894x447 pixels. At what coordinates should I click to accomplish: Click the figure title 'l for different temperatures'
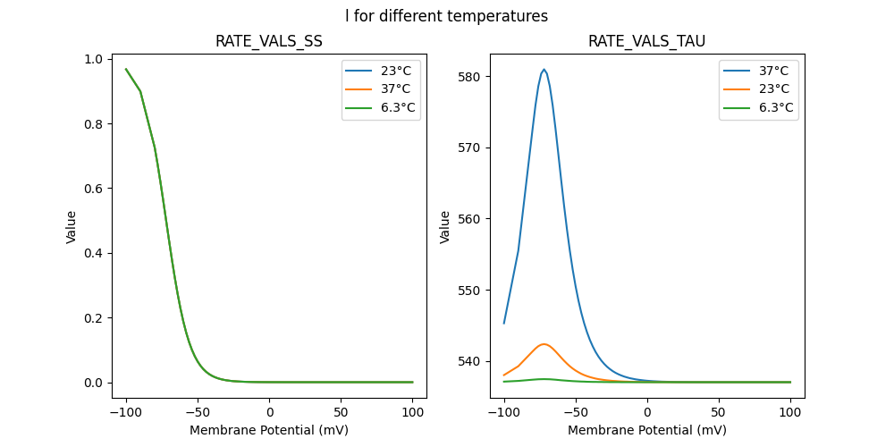coord(446,16)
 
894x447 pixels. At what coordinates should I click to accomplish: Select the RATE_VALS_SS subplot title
coord(268,41)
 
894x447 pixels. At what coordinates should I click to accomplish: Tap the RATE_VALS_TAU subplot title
coord(646,41)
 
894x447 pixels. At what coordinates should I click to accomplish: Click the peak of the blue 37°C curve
coord(544,69)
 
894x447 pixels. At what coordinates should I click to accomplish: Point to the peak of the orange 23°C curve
coord(544,343)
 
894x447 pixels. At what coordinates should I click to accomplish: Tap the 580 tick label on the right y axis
coord(469,77)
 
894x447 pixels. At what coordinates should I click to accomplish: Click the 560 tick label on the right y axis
coord(469,219)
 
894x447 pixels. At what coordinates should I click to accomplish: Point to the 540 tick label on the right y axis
coord(469,361)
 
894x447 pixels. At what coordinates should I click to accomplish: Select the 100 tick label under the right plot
coord(790,412)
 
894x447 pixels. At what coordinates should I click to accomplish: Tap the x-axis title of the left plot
coord(268,430)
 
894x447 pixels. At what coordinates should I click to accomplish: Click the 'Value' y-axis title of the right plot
coord(444,226)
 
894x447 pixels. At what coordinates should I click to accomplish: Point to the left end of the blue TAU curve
coord(504,323)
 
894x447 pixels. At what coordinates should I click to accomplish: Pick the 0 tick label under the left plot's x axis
coord(269,412)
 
